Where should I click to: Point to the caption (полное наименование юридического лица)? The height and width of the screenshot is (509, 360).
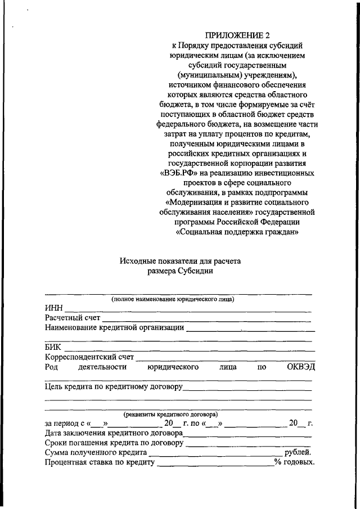pyautogui.click(x=173, y=299)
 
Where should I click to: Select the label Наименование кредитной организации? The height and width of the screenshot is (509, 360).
pyautogui.click(x=114, y=328)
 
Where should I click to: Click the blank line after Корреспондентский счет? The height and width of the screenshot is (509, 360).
pyautogui.click(x=225, y=358)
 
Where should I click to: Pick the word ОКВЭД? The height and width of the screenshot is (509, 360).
pyautogui.click(x=301, y=367)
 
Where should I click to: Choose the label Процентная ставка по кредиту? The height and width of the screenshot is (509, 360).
pyautogui.click(x=99, y=462)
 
